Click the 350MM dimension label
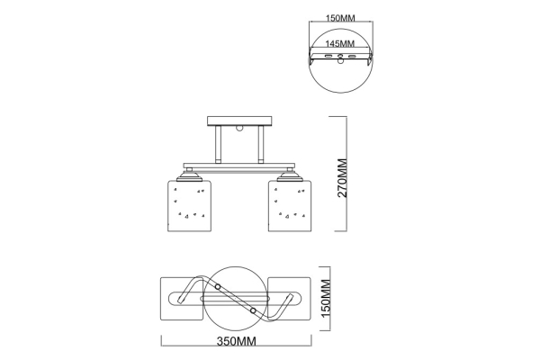point(236,341)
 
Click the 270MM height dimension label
point(343,177)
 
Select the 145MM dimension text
point(340,44)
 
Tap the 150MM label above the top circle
point(340,18)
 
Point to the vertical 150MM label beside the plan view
point(326,298)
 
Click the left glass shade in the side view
point(189,206)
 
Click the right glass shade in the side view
point(290,206)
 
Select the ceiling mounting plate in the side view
point(239,121)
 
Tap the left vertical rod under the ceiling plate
point(219,144)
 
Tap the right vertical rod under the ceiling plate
point(261,144)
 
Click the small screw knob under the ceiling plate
point(239,129)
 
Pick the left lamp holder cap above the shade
point(189,175)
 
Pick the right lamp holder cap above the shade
point(290,175)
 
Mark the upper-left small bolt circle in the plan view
point(218,286)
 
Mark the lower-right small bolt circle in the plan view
point(253,310)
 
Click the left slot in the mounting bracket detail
point(328,56)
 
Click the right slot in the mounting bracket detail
point(352,56)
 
